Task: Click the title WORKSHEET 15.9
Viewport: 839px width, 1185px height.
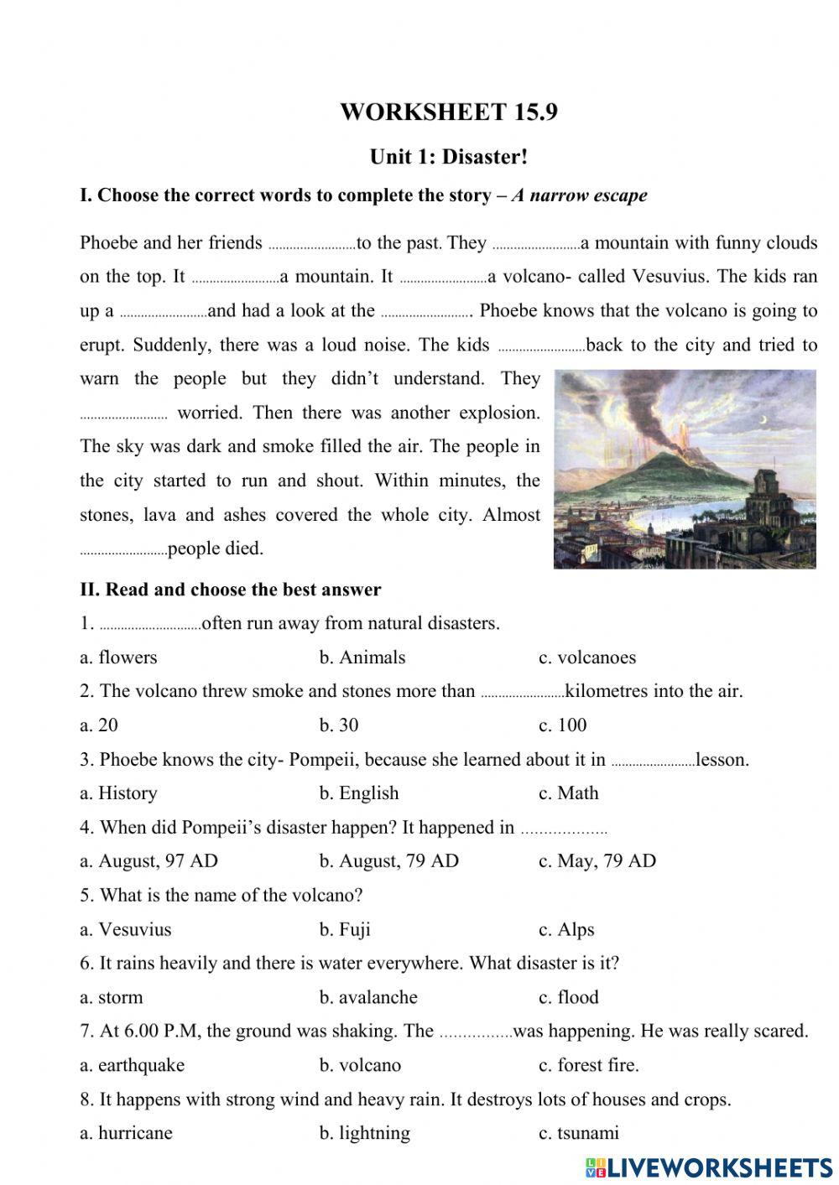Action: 448,112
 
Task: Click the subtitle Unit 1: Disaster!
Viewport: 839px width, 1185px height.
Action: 448,157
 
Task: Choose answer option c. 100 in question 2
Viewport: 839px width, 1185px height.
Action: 562,725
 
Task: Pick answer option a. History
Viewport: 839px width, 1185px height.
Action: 118,793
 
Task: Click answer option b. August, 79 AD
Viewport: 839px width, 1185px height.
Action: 388,861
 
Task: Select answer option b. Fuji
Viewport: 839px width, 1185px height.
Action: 344,929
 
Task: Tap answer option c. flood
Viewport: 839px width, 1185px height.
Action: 568,997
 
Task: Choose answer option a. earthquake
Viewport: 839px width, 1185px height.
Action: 132,1065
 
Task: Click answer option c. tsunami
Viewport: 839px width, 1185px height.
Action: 578,1133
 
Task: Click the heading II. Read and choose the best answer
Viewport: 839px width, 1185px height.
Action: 230,590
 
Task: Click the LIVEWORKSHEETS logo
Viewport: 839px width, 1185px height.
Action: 708,1167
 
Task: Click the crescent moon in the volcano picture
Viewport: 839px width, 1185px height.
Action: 786,419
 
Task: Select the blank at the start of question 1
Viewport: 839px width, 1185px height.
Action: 150,626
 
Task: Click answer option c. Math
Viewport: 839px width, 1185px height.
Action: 568,793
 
